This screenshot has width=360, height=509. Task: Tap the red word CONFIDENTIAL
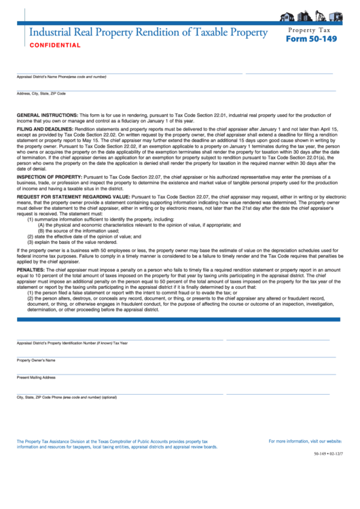click(x=55, y=46)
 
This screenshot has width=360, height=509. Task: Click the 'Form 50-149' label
click(x=311, y=39)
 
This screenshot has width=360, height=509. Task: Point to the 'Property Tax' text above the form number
click(x=311, y=30)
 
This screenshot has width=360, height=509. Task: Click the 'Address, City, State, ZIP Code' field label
click(x=41, y=93)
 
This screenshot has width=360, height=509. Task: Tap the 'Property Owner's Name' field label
click(x=36, y=360)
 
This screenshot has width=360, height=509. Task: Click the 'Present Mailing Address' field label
click(x=36, y=377)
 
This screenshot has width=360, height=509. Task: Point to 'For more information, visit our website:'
click(x=305, y=441)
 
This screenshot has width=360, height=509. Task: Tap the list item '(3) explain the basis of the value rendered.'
click(x=72, y=242)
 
